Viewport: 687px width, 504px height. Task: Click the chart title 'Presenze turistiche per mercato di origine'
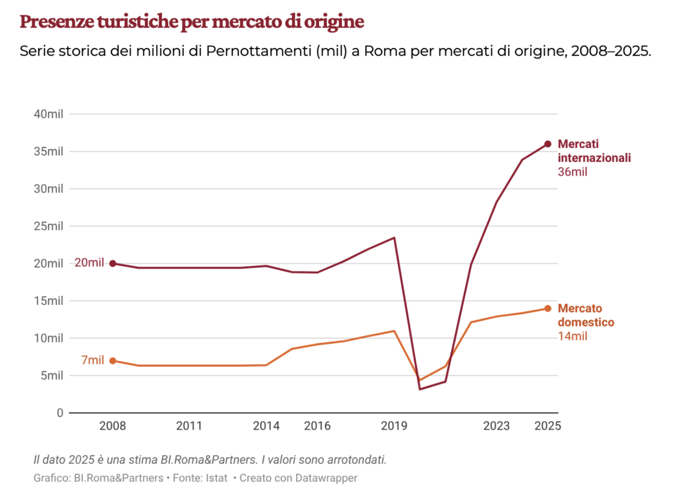(x=192, y=22)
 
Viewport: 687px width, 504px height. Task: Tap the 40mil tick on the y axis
(x=49, y=114)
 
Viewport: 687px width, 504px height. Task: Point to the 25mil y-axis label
(x=49, y=226)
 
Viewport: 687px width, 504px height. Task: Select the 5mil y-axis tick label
(x=52, y=375)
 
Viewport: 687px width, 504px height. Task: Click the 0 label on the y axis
(x=60, y=413)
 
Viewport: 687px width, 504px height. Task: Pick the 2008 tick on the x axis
(x=113, y=426)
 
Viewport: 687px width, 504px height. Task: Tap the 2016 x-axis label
(x=317, y=426)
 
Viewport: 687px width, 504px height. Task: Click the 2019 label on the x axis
(x=394, y=426)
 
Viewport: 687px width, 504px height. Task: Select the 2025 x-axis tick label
(x=547, y=426)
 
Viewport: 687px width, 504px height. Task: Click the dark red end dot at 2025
(x=548, y=144)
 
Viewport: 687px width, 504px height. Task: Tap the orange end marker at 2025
(x=548, y=309)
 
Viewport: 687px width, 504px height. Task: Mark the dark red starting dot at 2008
(x=113, y=264)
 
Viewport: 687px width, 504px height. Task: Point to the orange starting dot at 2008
(x=113, y=361)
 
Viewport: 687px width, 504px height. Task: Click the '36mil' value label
(x=572, y=172)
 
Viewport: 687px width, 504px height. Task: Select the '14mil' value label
(x=572, y=336)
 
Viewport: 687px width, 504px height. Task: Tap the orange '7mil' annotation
(x=93, y=360)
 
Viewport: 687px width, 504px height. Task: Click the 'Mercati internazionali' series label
(x=594, y=151)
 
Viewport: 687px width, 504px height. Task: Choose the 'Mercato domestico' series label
(x=586, y=316)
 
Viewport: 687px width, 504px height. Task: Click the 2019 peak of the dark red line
(x=394, y=238)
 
